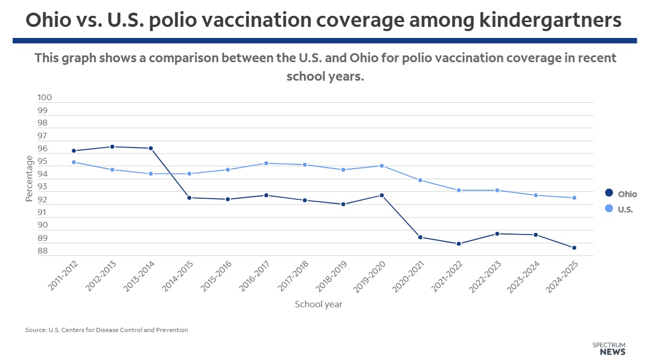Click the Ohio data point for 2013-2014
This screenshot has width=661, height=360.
pos(151,148)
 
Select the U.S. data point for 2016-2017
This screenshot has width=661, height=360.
pos(266,163)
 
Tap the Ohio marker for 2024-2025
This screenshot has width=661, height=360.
pos(574,248)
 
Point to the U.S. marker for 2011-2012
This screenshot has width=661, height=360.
pos(74,162)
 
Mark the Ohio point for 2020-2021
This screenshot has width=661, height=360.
pos(420,237)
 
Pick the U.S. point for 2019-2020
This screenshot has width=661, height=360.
pos(382,166)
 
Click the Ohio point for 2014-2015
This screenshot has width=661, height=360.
pos(189,198)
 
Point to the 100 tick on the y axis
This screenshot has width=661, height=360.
pos(45,98)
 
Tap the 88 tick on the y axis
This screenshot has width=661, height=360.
pos(43,251)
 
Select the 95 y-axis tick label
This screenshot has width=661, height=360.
pos(43,162)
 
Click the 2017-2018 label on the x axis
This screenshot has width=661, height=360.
pos(294,276)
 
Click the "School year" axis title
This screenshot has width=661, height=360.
pos(318,304)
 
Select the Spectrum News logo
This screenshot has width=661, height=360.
pos(609,348)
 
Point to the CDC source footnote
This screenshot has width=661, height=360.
pos(106,330)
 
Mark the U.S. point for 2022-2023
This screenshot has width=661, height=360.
pos(497,190)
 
